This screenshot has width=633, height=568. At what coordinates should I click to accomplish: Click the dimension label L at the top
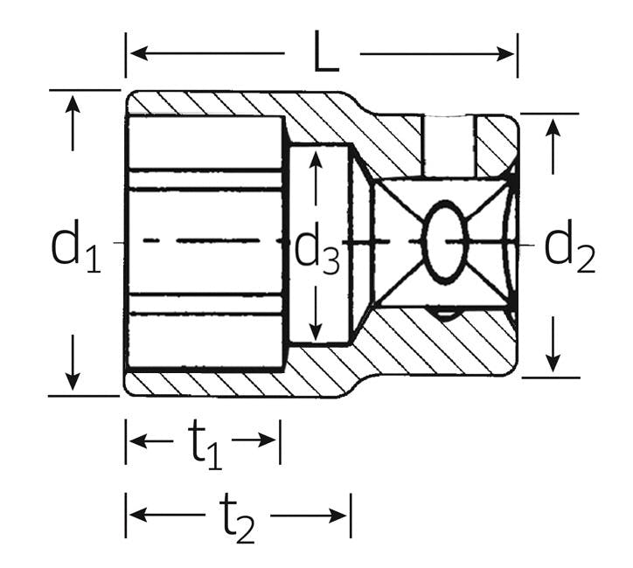pyautogui.click(x=326, y=52)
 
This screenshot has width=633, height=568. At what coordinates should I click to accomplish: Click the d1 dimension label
pyautogui.click(x=75, y=246)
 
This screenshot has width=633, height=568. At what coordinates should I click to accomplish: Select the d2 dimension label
pyautogui.click(x=570, y=246)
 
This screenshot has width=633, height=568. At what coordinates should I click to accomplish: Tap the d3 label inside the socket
pyautogui.click(x=317, y=249)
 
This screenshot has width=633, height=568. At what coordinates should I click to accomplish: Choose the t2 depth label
pyautogui.click(x=237, y=519)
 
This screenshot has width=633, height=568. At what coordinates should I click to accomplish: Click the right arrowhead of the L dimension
pyautogui.click(x=505, y=53)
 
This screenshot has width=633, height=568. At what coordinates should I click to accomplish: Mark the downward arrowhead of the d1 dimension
pyautogui.click(x=73, y=381)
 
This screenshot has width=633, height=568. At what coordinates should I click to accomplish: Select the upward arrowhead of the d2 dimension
pyautogui.click(x=553, y=128)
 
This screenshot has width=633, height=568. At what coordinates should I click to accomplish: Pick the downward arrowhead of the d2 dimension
pyautogui.click(x=553, y=362)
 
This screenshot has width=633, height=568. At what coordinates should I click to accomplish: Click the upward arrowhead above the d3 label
pyautogui.click(x=316, y=160)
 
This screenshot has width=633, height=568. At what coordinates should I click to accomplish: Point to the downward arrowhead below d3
pyautogui.click(x=316, y=331)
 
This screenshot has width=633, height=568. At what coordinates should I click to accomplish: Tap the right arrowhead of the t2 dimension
pyautogui.click(x=337, y=516)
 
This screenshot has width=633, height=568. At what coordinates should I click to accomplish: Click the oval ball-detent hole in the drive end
pyautogui.click(x=445, y=242)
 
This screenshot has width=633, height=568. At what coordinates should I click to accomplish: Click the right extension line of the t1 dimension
pyautogui.click(x=280, y=442)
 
